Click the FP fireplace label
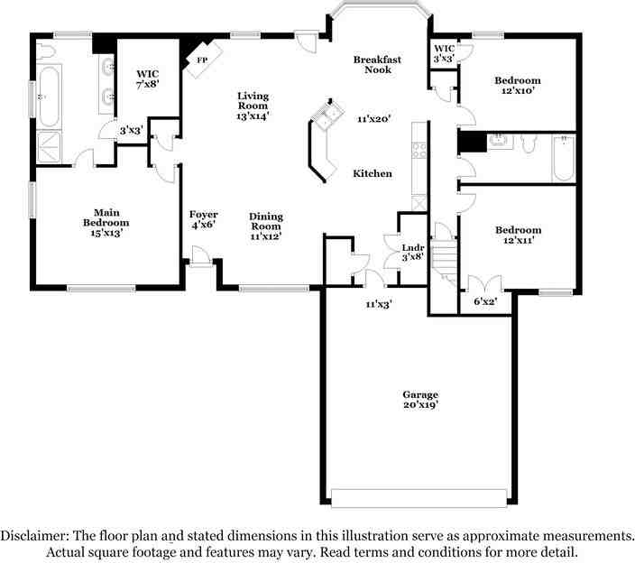pyautogui.click(x=202, y=60)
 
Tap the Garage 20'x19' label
pyautogui.click(x=420, y=400)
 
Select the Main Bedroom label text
pyautogui.click(x=106, y=217)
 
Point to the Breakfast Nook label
pyautogui.click(x=377, y=64)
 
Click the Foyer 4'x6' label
pyautogui.click(x=203, y=219)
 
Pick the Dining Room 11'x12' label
pyautogui.click(x=266, y=226)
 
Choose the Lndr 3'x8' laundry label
pyautogui.click(x=413, y=252)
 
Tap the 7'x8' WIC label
pyautogui.click(x=147, y=78)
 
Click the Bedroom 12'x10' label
pyautogui.click(x=518, y=85)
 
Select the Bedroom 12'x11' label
pyautogui.click(x=519, y=235)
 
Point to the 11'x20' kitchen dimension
pyautogui.click(x=373, y=119)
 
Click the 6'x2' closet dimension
pyautogui.click(x=485, y=301)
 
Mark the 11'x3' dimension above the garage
pyautogui.click(x=379, y=304)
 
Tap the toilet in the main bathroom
pyautogui.click(x=46, y=52)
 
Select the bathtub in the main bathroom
pyautogui.click(x=50, y=97)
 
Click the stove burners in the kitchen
pyautogui.click(x=419, y=150)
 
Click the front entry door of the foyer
pyautogui.click(x=200, y=257)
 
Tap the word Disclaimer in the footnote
pyautogui.click(x=34, y=536)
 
